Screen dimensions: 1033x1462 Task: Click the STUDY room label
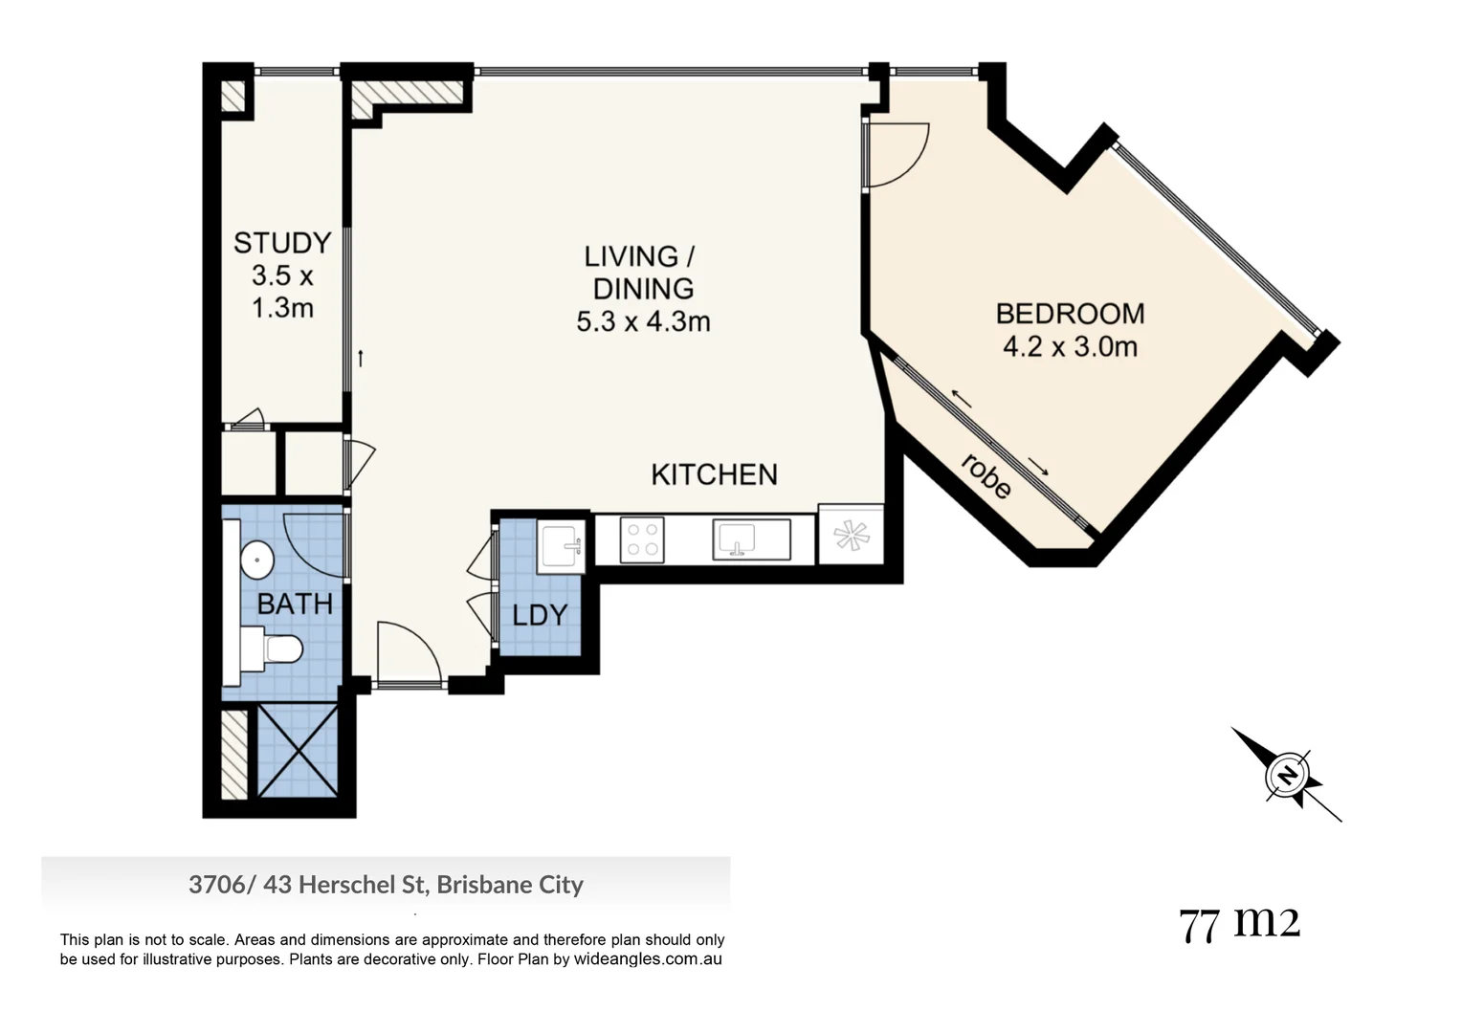pyautogui.click(x=282, y=243)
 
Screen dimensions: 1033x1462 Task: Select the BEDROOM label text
pyautogui.click(x=1070, y=314)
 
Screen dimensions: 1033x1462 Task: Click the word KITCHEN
pyautogui.click(x=714, y=474)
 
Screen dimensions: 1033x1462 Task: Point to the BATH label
pyautogui.click(x=295, y=604)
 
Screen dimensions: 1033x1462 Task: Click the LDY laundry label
pyautogui.click(x=540, y=615)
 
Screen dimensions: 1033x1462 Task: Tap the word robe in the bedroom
pyautogui.click(x=986, y=476)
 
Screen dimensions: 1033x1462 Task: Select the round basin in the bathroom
pyautogui.click(x=256, y=560)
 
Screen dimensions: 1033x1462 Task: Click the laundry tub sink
pyautogui.click(x=560, y=546)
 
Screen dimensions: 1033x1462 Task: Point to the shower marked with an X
pyautogui.click(x=298, y=751)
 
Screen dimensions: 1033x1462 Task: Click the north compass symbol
pyautogui.click(x=1287, y=774)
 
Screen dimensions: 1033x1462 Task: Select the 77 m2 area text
pyautogui.click(x=1239, y=924)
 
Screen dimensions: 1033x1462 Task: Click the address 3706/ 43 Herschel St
pyautogui.click(x=386, y=885)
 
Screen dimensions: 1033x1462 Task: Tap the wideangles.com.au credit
pyautogui.click(x=648, y=959)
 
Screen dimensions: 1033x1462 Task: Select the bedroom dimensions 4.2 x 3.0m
pyautogui.click(x=1070, y=346)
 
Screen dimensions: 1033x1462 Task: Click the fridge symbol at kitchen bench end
pyautogui.click(x=850, y=535)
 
